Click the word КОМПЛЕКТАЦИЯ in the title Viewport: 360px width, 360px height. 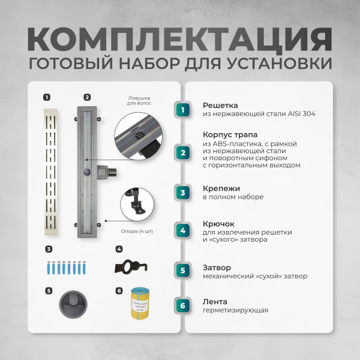point(179,40)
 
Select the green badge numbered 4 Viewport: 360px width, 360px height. point(183,231)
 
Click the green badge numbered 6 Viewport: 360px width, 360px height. point(183,306)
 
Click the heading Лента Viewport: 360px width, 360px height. point(214,302)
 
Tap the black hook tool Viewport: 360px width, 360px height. point(136,266)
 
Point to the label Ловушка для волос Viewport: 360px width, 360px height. point(139,100)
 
